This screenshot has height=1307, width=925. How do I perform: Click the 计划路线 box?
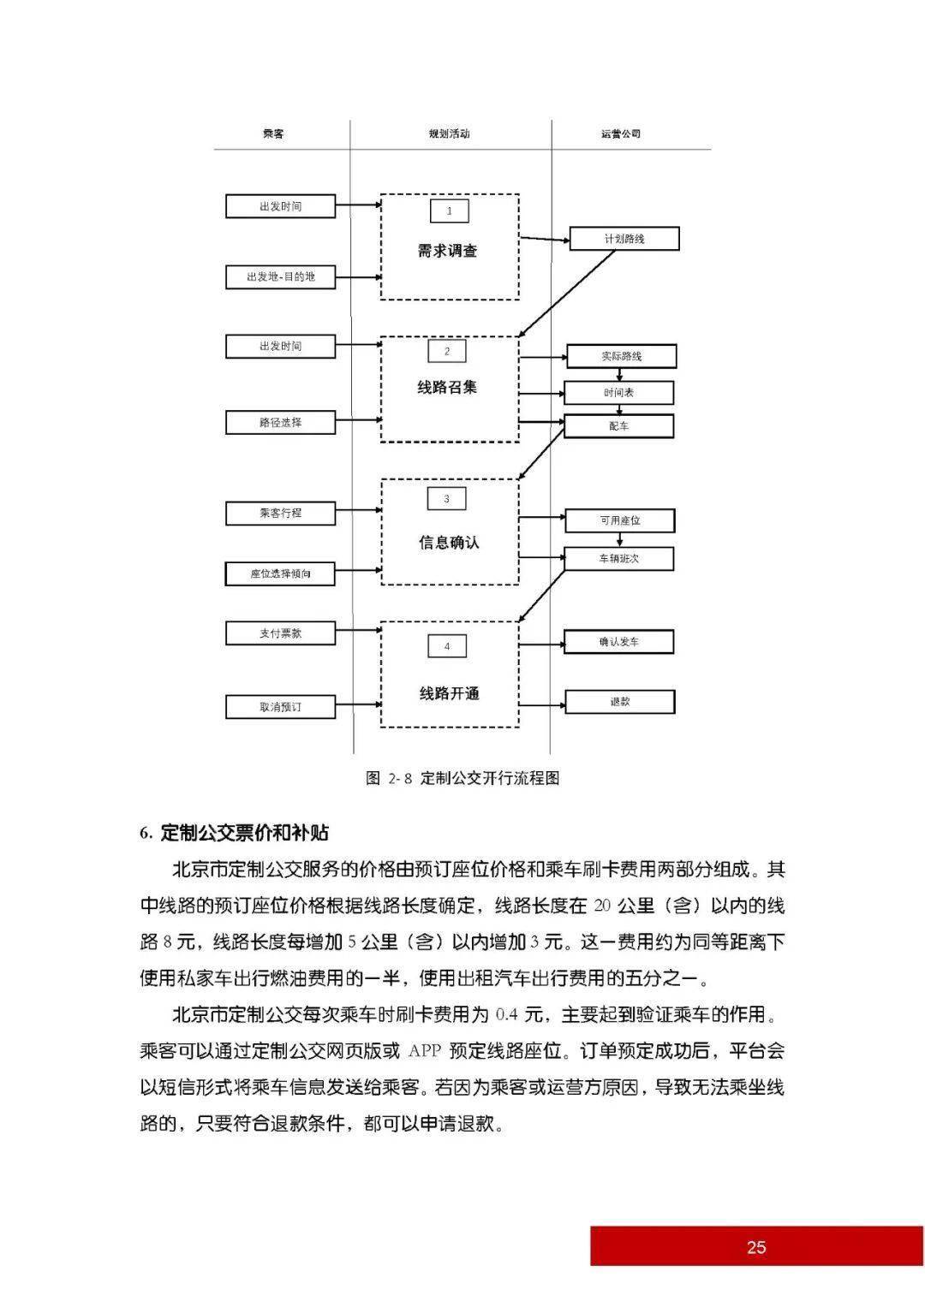point(624,239)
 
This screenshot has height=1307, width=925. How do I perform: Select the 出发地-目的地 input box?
point(280,276)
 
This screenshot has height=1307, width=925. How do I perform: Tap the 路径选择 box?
point(280,423)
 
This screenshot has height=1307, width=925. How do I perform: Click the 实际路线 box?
point(621,357)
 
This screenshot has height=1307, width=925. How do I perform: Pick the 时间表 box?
point(618,393)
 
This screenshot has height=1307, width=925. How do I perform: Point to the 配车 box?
point(618,426)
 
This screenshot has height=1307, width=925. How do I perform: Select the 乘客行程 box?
point(280,514)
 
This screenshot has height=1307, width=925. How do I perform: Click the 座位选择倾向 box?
point(280,574)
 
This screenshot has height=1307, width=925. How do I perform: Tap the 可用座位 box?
point(619,520)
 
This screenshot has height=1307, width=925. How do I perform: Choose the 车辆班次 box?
point(618,559)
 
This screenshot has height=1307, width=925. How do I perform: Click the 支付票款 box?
point(280,633)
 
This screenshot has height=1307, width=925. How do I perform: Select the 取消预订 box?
point(280,707)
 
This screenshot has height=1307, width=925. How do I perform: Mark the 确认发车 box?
point(618,642)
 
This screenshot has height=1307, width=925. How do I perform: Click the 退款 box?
point(619,702)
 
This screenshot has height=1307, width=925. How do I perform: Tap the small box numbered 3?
point(447,499)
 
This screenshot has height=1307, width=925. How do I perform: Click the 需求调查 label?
point(447,251)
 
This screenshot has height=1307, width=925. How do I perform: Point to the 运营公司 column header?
point(621,134)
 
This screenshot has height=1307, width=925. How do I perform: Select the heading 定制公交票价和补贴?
point(245,833)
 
